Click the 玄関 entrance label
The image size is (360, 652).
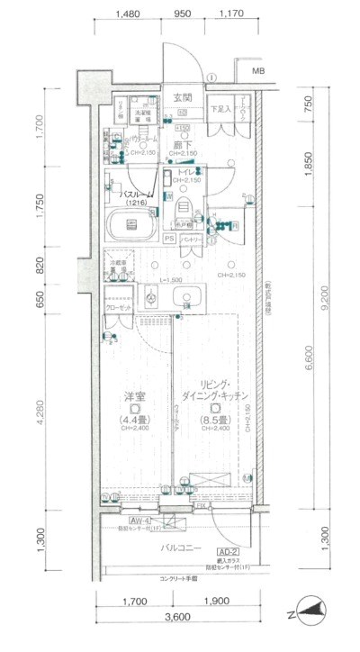tap(183, 96)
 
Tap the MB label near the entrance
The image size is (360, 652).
tap(257, 71)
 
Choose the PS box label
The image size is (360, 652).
tap(169, 239)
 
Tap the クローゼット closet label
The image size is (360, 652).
tap(119, 309)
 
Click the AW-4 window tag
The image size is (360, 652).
tap(139, 521)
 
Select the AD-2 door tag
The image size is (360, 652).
tap(226, 550)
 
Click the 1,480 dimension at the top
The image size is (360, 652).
tap(129, 14)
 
